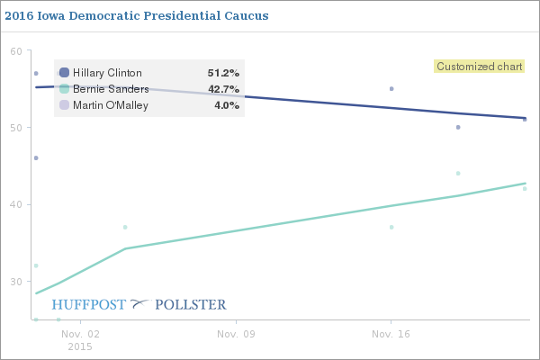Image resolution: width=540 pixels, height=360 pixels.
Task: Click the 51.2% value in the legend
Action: pyautogui.click(x=223, y=73)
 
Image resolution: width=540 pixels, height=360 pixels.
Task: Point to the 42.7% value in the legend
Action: pyautogui.click(x=223, y=89)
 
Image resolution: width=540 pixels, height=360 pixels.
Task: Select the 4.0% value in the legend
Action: pyautogui.click(x=226, y=105)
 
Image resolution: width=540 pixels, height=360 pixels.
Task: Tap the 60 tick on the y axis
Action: pyautogui.click(x=15, y=51)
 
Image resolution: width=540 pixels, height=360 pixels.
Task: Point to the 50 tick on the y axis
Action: pyautogui.click(x=15, y=128)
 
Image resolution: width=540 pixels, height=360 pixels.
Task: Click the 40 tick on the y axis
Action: pyautogui.click(x=15, y=204)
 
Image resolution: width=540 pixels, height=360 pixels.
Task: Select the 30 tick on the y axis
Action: pyautogui.click(x=15, y=281)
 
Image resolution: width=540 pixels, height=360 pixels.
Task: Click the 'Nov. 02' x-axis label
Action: pyautogui.click(x=79, y=334)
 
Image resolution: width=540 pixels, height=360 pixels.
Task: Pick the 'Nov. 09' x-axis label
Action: pyautogui.click(x=236, y=334)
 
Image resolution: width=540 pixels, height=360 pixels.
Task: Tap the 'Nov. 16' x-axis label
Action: pyautogui.click(x=391, y=334)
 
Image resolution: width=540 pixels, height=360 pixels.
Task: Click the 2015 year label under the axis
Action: pyautogui.click(x=79, y=346)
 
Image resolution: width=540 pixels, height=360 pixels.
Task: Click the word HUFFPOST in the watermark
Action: pyautogui.click(x=89, y=304)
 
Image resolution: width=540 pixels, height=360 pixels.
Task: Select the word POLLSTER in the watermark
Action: pyautogui.click(x=191, y=304)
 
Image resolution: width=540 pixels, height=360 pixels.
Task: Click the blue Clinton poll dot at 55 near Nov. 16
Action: pyautogui.click(x=391, y=89)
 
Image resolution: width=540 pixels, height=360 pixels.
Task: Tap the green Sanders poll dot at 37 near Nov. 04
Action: pyautogui.click(x=125, y=227)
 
